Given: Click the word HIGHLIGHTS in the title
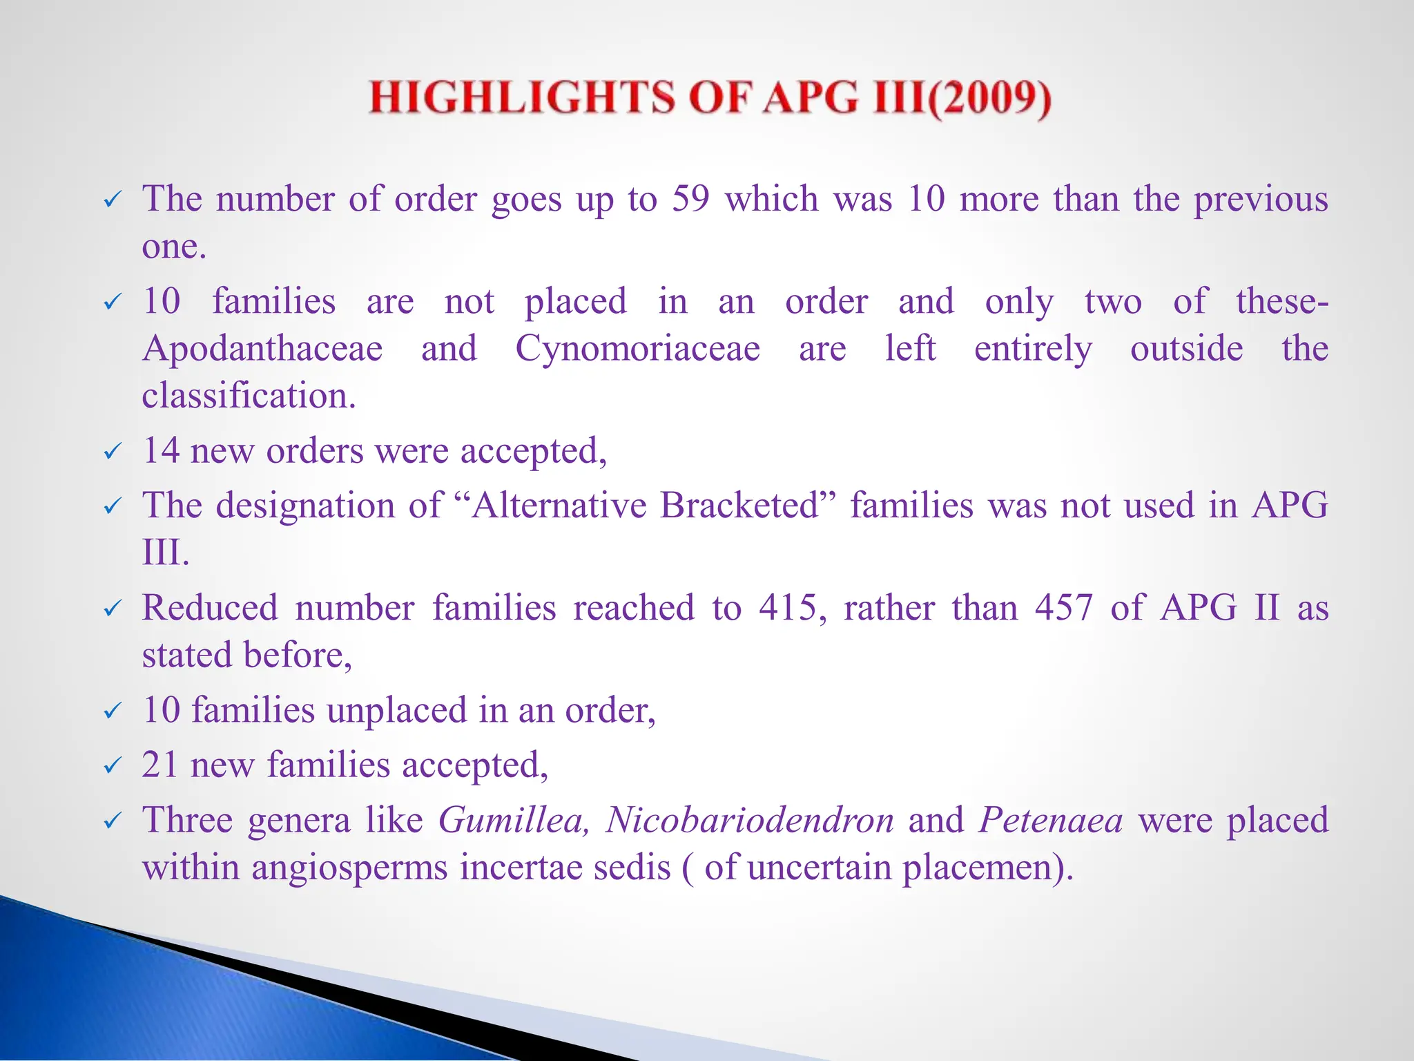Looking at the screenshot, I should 521,97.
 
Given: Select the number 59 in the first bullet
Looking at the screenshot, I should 690,199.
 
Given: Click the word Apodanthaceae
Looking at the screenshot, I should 262,348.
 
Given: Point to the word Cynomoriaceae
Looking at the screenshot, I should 637,348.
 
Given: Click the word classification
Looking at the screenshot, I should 248,396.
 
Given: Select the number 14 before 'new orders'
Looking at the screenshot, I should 160,451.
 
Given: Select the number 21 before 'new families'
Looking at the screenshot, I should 160,765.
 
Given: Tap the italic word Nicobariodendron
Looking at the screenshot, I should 750,821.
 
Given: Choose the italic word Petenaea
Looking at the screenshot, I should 1050,821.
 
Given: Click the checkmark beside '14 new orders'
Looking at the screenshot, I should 111,453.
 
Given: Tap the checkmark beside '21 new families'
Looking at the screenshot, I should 111,767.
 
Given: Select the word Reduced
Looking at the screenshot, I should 210,609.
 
